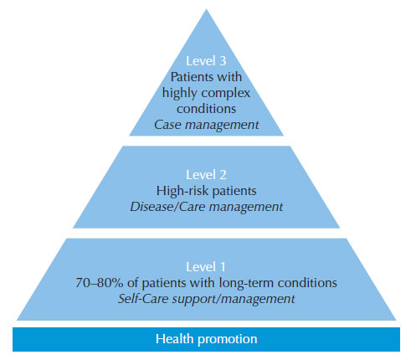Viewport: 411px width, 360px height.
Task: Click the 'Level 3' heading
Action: coord(206,61)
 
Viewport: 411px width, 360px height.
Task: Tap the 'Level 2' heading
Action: coord(206,175)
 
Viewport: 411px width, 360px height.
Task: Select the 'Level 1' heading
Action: coord(206,267)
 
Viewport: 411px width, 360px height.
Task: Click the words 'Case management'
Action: coord(207,125)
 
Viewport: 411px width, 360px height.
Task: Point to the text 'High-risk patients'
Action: coord(206,191)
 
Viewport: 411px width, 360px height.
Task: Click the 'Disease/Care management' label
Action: coord(207,207)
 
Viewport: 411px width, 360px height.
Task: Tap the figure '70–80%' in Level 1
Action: coord(100,283)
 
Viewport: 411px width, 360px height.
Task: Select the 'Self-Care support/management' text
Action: coord(207,299)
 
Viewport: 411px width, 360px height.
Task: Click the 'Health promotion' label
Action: coord(206,339)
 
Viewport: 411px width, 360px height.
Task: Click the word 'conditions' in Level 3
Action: coord(206,109)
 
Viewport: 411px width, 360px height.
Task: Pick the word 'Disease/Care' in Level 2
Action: coord(167,207)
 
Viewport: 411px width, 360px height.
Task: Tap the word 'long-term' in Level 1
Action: coord(246,283)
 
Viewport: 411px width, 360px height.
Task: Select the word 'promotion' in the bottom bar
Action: coord(227,340)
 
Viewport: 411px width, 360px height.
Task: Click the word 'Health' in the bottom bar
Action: coord(174,338)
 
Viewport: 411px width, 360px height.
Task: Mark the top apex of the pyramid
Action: coord(206,9)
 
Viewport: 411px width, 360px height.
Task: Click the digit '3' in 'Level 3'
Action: coord(223,61)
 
